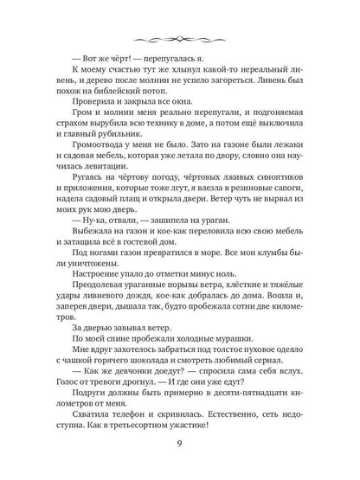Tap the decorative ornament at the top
point(180,37)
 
